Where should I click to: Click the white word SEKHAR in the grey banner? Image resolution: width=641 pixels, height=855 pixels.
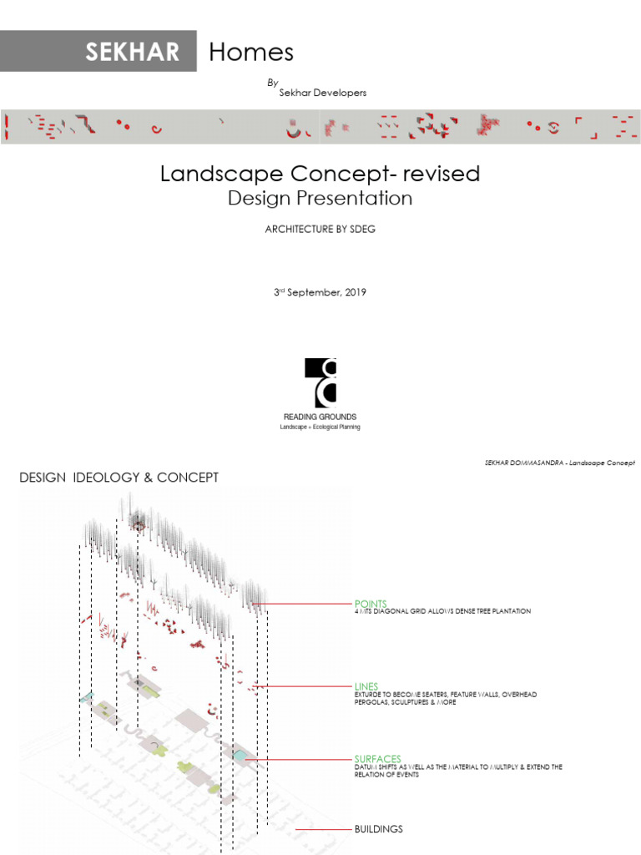(x=132, y=52)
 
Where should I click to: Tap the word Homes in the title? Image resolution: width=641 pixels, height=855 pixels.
(x=251, y=52)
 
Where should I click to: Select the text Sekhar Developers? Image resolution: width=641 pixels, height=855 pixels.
(x=322, y=93)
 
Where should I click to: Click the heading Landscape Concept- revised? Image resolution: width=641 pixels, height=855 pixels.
(x=320, y=174)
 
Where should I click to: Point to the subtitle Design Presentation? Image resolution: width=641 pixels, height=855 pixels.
(x=320, y=199)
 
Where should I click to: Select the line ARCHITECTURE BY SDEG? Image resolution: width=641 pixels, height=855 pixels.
(x=320, y=230)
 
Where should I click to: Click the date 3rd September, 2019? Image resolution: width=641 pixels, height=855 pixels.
(x=320, y=293)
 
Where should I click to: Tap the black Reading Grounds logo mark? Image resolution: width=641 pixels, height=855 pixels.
(x=320, y=381)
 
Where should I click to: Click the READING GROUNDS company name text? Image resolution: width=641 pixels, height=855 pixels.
(x=320, y=417)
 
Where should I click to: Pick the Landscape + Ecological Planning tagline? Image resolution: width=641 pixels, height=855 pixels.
(x=320, y=427)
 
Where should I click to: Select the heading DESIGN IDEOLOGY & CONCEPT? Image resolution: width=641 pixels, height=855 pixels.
(x=119, y=478)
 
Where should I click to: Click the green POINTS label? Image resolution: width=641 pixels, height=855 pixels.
(x=371, y=603)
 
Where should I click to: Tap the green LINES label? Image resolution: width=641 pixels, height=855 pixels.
(x=366, y=686)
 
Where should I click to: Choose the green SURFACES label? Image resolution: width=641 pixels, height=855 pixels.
(x=377, y=759)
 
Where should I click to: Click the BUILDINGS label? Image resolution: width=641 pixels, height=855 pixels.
(x=379, y=829)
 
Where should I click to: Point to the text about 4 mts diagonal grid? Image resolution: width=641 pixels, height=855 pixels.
(x=442, y=612)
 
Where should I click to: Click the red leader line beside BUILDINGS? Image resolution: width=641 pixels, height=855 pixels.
(x=326, y=830)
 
